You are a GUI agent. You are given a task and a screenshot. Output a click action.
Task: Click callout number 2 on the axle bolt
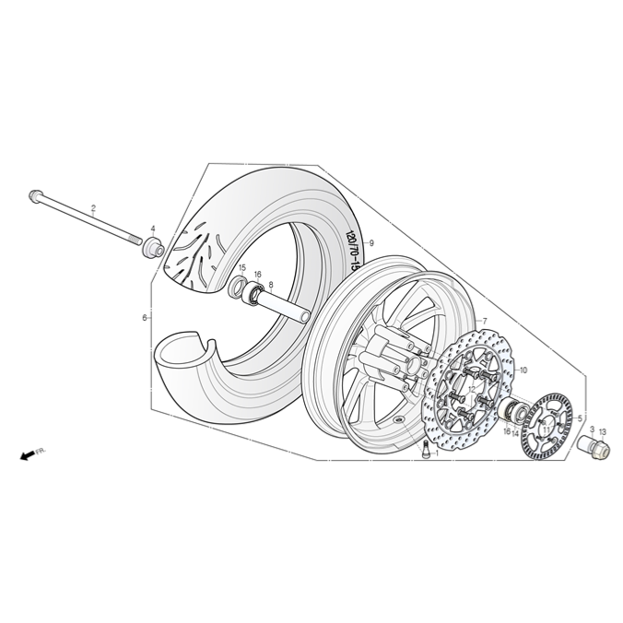tap(93, 208)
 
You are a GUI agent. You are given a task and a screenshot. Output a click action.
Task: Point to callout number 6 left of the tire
tap(145, 318)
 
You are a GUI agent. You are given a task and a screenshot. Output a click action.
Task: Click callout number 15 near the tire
tap(243, 268)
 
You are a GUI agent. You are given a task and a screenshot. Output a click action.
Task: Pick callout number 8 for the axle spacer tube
tap(271, 285)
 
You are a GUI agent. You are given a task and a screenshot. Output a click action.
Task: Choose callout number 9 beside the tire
tap(371, 242)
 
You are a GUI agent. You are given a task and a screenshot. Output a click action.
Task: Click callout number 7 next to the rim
tap(485, 321)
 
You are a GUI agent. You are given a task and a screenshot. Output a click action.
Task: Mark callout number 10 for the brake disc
tap(523, 370)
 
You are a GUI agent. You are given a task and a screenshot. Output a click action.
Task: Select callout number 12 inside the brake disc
tap(472, 389)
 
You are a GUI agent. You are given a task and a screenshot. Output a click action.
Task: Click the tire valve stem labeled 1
tap(423, 451)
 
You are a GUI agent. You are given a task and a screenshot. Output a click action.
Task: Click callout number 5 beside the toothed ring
tap(580, 418)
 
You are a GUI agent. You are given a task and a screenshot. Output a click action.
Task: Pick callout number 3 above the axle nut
tap(592, 430)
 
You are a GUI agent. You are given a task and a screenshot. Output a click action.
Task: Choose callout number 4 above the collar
tap(153, 229)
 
